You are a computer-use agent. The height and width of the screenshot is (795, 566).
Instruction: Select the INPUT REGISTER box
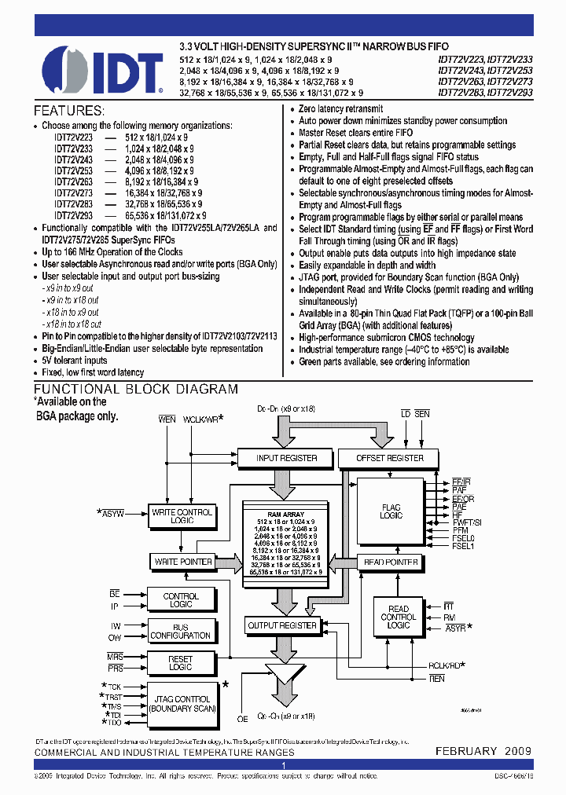click(x=287, y=458)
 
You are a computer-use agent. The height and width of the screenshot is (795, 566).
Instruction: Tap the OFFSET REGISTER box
click(x=390, y=458)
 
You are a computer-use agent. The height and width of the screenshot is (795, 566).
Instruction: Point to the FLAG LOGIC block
click(x=391, y=511)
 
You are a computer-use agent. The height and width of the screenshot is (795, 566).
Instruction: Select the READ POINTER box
click(x=390, y=562)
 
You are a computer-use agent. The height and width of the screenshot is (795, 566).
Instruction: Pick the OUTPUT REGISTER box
click(x=282, y=626)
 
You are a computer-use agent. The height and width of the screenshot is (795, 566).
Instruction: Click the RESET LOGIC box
click(x=181, y=662)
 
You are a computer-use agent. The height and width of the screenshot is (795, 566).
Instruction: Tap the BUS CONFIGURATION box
click(x=181, y=631)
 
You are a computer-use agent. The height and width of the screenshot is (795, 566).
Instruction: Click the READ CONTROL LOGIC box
click(x=398, y=617)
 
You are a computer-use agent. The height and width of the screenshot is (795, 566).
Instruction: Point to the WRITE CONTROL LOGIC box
click(x=182, y=516)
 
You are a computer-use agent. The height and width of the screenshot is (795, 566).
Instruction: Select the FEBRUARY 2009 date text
click(x=483, y=751)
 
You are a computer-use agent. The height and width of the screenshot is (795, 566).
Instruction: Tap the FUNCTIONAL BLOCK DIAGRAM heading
click(x=135, y=389)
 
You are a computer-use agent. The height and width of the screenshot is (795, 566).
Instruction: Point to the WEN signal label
click(x=167, y=419)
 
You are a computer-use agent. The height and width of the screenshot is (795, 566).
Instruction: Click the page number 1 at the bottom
click(x=282, y=764)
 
